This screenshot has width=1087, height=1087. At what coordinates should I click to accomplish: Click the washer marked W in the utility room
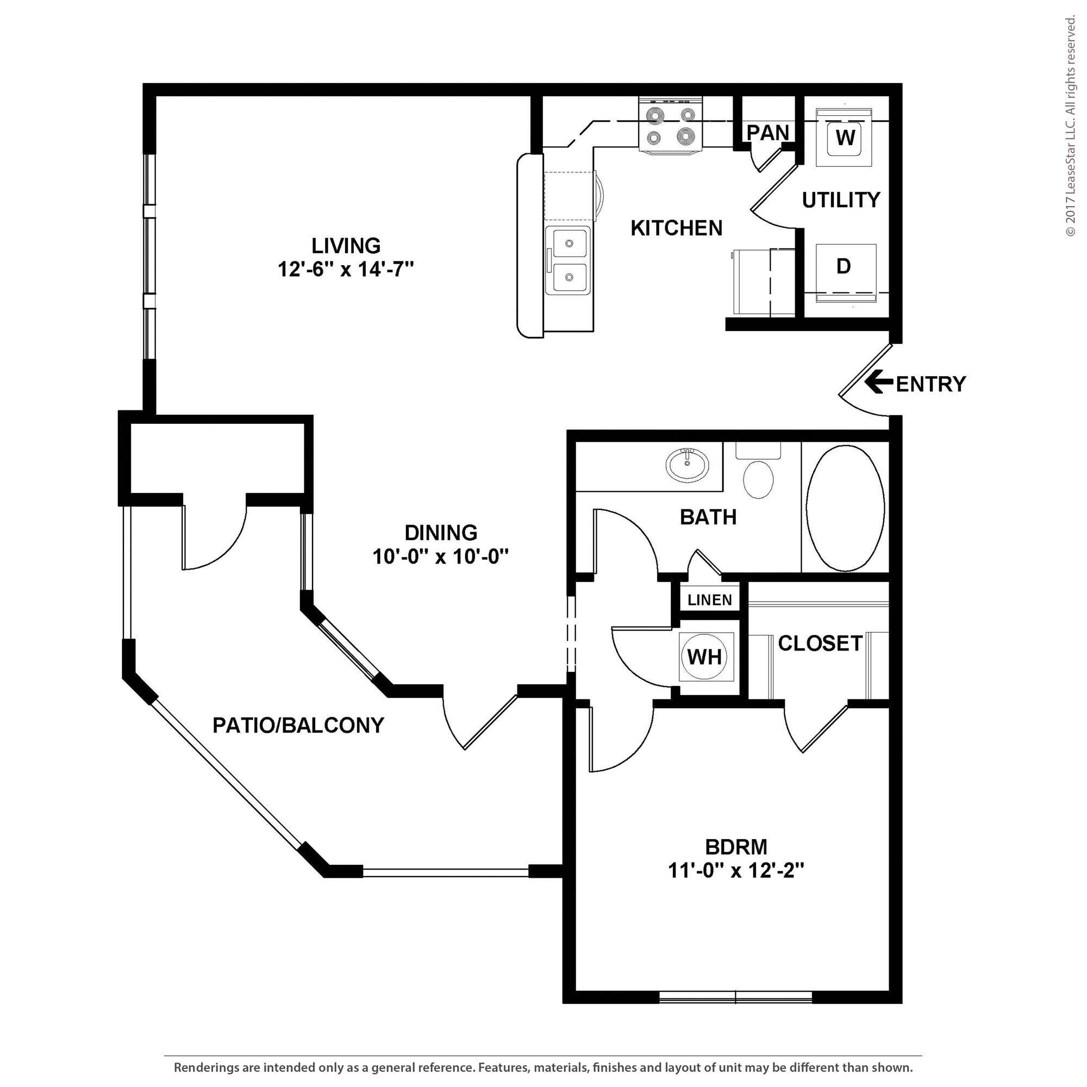[x=845, y=138]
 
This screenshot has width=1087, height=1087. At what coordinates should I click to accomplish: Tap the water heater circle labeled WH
[x=704, y=656]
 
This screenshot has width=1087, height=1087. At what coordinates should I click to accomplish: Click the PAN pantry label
[x=767, y=133]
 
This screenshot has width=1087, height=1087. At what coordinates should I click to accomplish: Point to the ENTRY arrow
[x=878, y=383]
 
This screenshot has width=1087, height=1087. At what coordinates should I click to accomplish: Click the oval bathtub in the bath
[x=845, y=508]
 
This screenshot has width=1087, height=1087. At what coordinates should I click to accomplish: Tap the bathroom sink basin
[x=687, y=465]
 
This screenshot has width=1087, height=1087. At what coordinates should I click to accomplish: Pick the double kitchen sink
[x=569, y=260]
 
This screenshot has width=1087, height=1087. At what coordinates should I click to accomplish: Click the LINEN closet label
[x=709, y=600]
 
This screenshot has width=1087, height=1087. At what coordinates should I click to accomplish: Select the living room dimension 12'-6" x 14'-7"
[x=346, y=270]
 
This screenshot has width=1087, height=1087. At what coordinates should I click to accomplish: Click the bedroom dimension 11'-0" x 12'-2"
[x=736, y=870]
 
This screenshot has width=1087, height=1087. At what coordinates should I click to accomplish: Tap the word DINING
[x=441, y=532]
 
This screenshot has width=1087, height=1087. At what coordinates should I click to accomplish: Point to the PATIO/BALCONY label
[x=298, y=725]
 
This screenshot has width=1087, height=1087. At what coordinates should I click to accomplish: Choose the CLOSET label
[x=819, y=643]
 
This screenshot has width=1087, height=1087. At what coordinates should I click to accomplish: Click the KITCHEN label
[x=676, y=228]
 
